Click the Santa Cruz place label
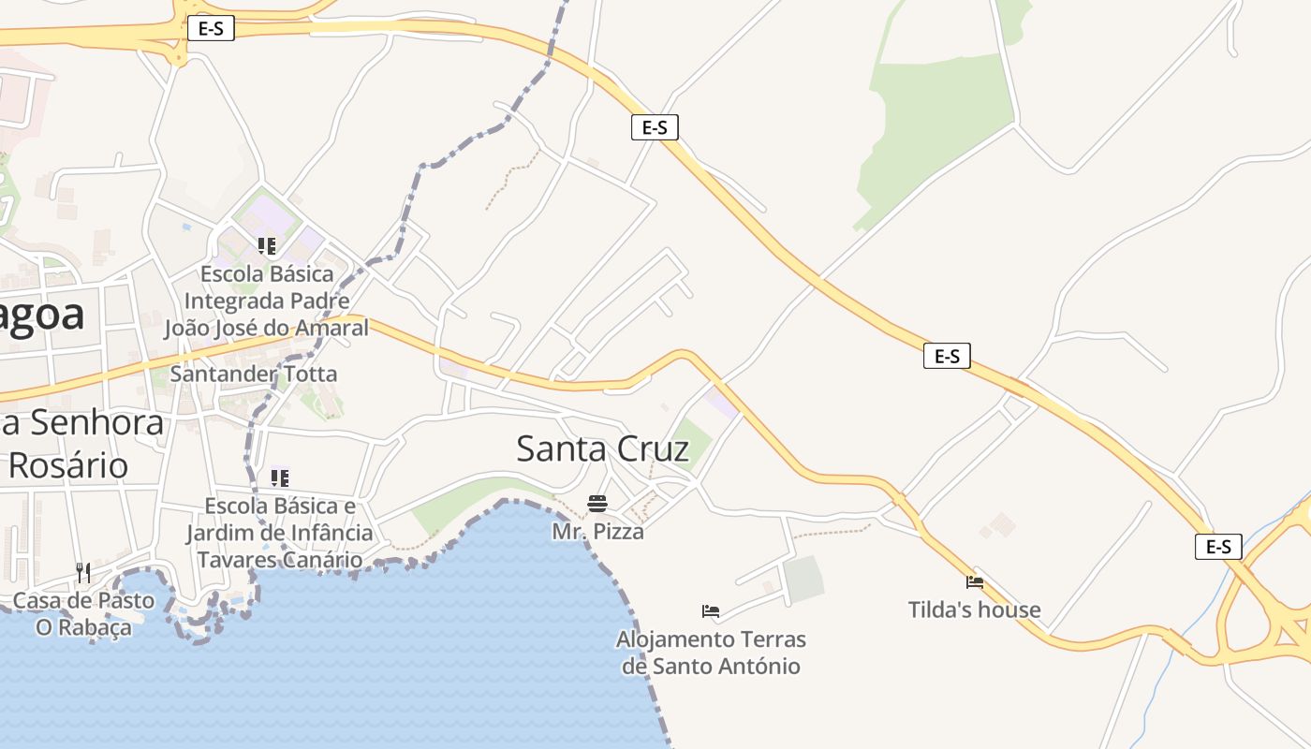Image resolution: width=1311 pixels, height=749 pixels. [603, 448]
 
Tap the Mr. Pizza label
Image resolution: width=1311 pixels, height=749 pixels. [597, 532]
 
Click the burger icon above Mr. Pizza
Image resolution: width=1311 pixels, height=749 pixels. [597, 504]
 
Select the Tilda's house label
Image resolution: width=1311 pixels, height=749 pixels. [974, 609]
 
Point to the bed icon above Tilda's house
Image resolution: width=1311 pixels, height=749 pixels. [975, 582]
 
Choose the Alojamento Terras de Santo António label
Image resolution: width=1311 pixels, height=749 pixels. [711, 653]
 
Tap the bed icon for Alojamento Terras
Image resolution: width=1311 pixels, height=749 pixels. [711, 612]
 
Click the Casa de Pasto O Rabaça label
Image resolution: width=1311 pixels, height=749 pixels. [83, 613]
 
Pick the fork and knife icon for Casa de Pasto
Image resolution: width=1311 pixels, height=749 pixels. [83, 572]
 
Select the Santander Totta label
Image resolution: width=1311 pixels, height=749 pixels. [253, 374]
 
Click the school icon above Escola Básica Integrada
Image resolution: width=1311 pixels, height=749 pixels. [267, 246]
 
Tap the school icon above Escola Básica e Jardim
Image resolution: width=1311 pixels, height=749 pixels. [279, 478]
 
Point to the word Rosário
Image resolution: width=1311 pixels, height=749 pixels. [69, 465]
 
